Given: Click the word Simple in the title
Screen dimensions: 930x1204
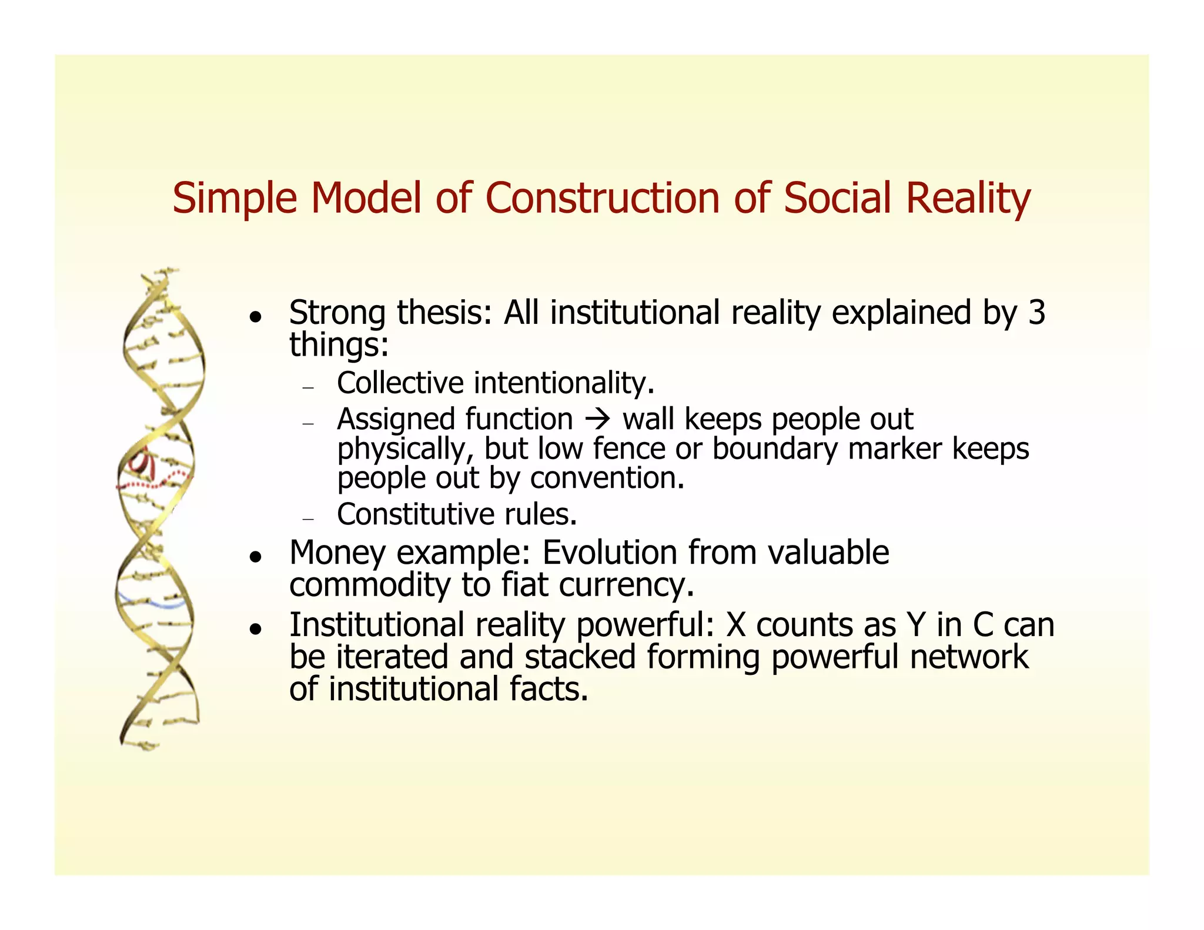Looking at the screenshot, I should click(x=235, y=199).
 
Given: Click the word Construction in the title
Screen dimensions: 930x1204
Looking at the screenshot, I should click(x=602, y=198).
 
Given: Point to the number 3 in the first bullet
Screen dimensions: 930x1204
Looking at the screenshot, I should click(x=1036, y=312).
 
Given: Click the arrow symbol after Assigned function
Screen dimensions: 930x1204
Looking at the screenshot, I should click(x=597, y=419).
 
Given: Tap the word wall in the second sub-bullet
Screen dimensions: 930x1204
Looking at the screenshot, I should click(x=648, y=419).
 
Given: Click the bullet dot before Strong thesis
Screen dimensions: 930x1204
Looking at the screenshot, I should click(x=254, y=316).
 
